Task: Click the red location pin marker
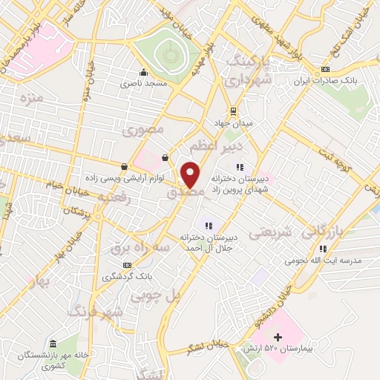(191, 175)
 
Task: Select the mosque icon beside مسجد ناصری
(144, 73)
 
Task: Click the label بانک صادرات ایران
(324, 82)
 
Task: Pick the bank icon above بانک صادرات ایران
(324, 71)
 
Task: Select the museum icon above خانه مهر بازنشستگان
(53, 344)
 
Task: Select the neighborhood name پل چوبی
(157, 295)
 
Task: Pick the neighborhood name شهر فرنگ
(95, 311)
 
